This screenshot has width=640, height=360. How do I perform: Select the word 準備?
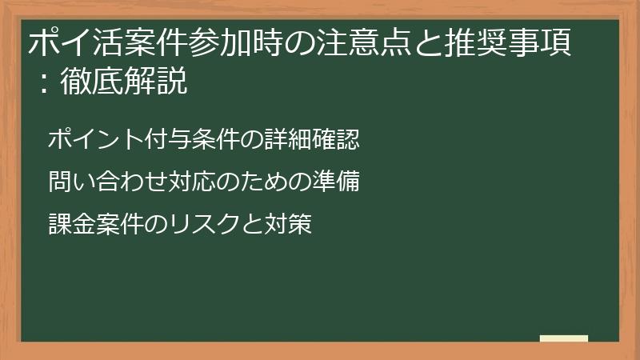pyautogui.click(x=341, y=182)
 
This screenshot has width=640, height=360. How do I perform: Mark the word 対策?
pyautogui.click(x=288, y=225)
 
